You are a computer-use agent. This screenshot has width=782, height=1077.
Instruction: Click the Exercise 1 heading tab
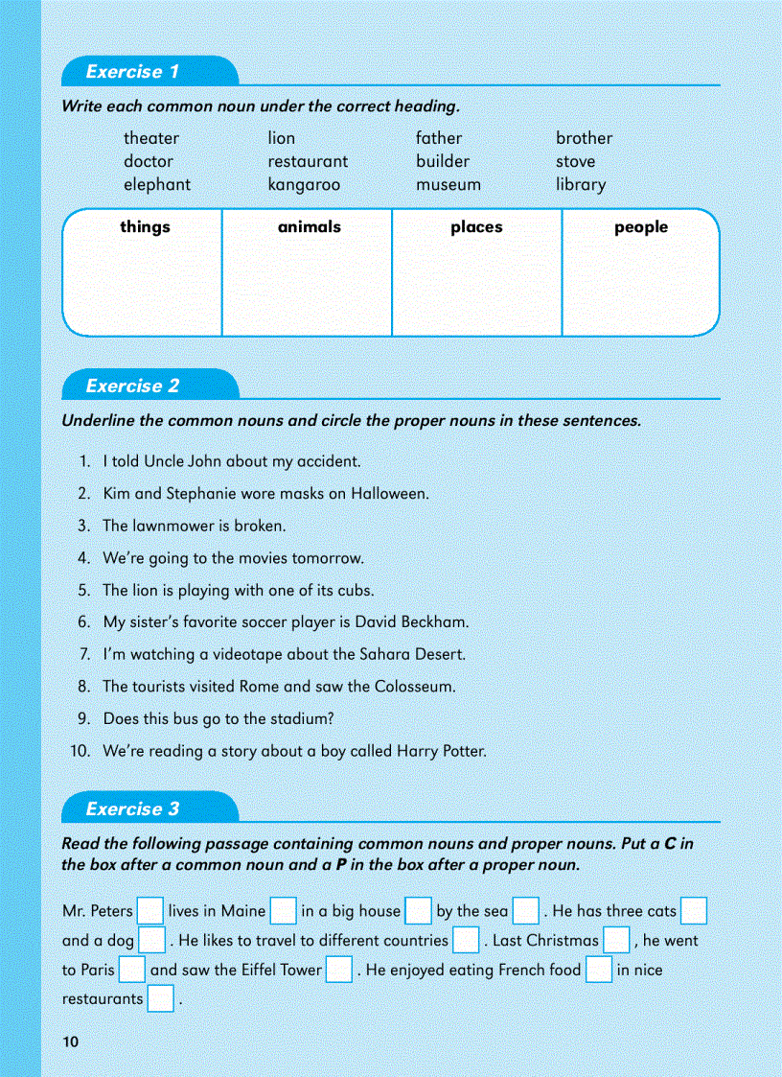tap(133, 72)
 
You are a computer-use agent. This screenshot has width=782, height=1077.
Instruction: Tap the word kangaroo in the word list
tap(304, 184)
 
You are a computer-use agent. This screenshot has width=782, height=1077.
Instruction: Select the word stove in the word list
tap(575, 161)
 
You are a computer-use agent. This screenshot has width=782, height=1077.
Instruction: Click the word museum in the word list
tap(448, 184)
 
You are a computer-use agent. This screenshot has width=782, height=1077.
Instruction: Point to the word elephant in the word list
tap(157, 184)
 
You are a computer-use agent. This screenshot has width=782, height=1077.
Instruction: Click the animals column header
tap(309, 227)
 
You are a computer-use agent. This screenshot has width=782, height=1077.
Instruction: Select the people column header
tap(641, 227)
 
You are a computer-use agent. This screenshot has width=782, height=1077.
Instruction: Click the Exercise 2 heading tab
tap(133, 386)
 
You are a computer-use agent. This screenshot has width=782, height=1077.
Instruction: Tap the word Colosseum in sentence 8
tap(412, 687)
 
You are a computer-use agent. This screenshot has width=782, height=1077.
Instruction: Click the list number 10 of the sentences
tap(80, 751)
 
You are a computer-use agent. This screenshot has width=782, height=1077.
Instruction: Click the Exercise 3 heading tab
tap(133, 809)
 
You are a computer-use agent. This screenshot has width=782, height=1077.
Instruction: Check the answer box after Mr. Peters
tap(150, 911)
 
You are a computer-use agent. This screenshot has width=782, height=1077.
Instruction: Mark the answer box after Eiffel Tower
tap(339, 970)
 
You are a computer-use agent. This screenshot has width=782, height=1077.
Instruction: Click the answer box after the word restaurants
tap(161, 999)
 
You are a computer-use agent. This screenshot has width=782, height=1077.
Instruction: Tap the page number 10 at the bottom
tap(69, 1042)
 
